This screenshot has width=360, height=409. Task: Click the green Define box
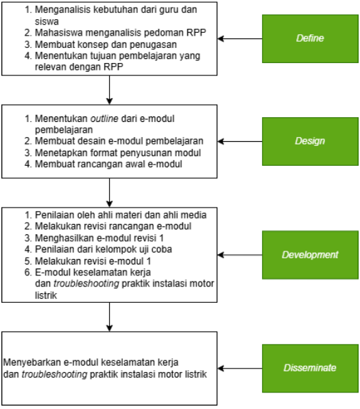310,38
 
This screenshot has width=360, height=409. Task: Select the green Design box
310,141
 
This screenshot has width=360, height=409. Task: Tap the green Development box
310,255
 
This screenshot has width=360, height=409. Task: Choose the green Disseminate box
310,369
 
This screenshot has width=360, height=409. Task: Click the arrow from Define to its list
239,38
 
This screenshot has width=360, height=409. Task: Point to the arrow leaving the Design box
239,141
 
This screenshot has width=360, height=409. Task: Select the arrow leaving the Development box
239,255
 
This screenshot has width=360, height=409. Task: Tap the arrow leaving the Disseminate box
239,369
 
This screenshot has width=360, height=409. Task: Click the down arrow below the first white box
110,90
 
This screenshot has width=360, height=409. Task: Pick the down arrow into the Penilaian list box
110,193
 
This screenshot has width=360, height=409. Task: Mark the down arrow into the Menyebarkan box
110,317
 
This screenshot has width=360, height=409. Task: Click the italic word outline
104,119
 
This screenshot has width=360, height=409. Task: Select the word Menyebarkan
32,362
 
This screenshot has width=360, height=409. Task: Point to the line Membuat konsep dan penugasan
106,45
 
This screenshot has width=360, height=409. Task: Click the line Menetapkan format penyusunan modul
118,153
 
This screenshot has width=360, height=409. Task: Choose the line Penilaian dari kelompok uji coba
104,249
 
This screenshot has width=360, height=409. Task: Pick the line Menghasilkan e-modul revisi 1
99,238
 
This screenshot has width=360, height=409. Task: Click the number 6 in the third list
27,272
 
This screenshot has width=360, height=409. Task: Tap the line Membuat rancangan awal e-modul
108,164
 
